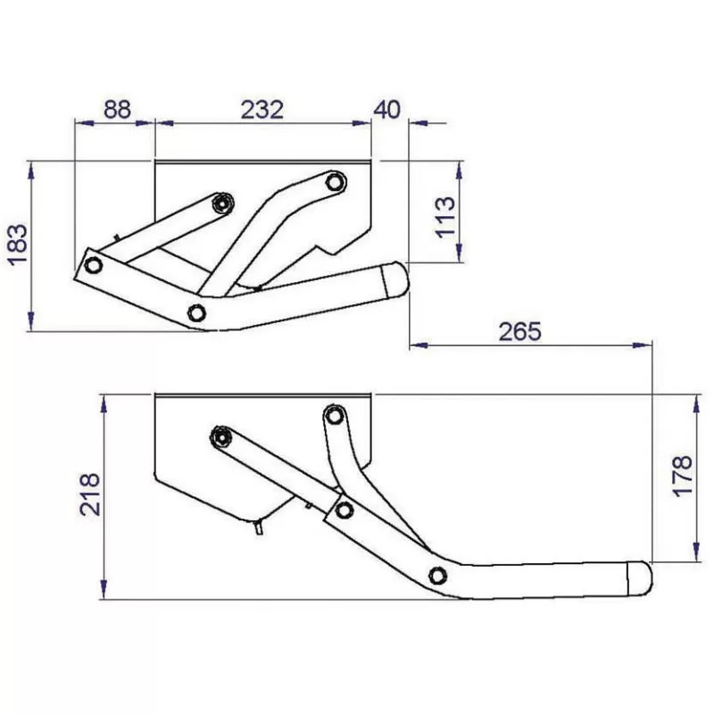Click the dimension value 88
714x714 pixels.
117,109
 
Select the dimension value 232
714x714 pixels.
262,109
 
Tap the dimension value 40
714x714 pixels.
387,109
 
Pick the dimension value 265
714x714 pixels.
520,331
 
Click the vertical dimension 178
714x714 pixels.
682,477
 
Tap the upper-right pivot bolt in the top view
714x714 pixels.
334,182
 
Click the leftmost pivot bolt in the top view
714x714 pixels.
92,265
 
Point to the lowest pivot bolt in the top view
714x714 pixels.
197,312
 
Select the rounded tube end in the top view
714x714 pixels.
394,280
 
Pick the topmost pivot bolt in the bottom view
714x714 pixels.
335,415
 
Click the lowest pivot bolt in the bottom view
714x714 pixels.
437,575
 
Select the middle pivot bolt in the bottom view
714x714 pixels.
345,510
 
